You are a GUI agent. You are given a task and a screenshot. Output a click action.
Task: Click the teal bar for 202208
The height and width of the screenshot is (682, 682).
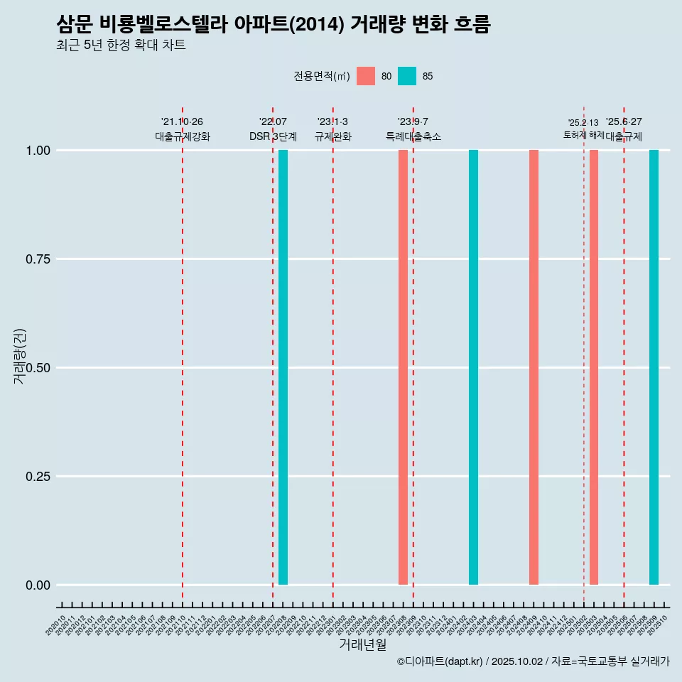click(x=283, y=367)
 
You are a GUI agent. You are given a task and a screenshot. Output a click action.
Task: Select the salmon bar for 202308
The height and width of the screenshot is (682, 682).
click(x=403, y=367)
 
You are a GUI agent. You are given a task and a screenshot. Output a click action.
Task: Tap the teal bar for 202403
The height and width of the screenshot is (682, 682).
click(x=473, y=367)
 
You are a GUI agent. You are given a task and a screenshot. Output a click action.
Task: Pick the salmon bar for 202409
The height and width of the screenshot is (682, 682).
click(x=534, y=367)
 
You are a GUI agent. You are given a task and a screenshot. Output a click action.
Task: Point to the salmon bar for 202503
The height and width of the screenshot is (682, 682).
click(x=594, y=367)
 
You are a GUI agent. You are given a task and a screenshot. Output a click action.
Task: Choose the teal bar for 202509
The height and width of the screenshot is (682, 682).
click(x=654, y=367)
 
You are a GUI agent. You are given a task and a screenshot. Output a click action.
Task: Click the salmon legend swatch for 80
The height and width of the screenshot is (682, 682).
click(x=366, y=76)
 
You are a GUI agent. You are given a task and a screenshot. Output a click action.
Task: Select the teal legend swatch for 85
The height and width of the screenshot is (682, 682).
click(x=407, y=76)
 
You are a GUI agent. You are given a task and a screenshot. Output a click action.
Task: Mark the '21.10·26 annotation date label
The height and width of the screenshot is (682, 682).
click(x=182, y=122)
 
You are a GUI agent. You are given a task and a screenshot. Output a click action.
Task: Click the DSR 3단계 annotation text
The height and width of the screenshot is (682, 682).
click(x=273, y=136)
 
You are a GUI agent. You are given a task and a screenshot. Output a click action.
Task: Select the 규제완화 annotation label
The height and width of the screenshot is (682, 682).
click(x=333, y=136)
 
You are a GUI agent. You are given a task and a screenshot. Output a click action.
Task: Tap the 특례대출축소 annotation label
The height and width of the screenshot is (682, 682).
click(x=413, y=136)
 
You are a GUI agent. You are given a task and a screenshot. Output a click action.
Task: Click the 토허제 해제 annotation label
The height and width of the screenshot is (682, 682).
click(x=583, y=134)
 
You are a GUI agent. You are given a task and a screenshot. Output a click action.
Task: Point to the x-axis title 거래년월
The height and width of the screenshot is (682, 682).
click(x=363, y=644)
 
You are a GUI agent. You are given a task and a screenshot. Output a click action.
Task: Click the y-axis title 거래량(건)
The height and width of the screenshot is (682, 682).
click(x=19, y=356)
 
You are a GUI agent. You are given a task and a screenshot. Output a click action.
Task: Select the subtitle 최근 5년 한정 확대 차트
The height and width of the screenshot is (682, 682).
click(x=121, y=45)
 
